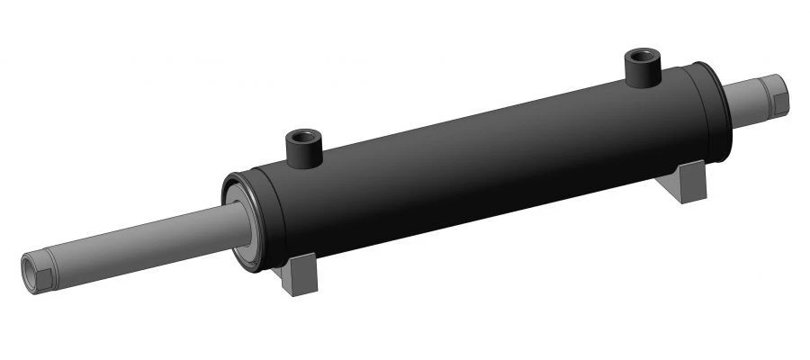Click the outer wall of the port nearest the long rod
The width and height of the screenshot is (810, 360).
pos(304,152)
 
